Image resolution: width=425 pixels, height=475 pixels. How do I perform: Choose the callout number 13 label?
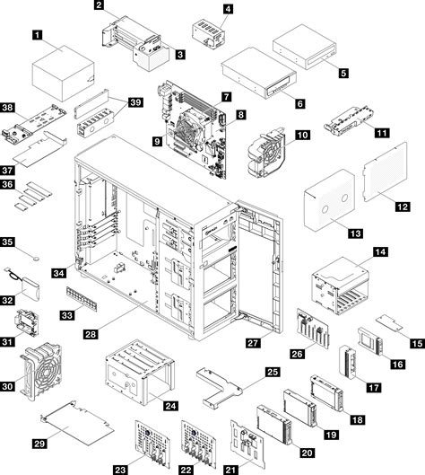[x=355, y=233]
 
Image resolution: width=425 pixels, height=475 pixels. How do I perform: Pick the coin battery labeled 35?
[x=35, y=258]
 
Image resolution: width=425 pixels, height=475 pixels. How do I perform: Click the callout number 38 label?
[x=9, y=106]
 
